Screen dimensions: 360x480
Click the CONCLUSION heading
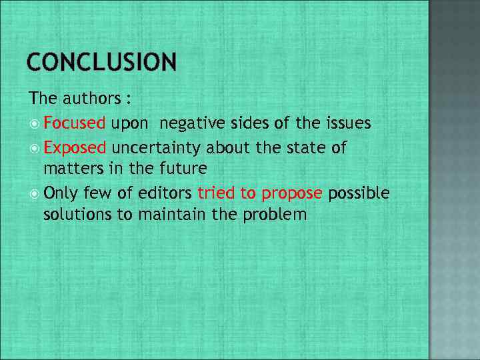pyautogui.click(x=102, y=63)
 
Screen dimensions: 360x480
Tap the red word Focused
pyautogui.click(x=75, y=123)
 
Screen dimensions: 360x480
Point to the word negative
pyautogui.click(x=189, y=123)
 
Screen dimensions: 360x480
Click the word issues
pyautogui.click(x=348, y=123)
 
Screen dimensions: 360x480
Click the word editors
pyautogui.click(x=167, y=193)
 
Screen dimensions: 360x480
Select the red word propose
pyautogui.click(x=292, y=193)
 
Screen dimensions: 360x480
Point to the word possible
pyautogui.click(x=359, y=193)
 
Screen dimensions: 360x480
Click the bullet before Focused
pyautogui.click(x=35, y=123)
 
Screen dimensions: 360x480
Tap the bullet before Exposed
pyautogui.click(x=35, y=147)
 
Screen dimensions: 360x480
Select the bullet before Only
pyautogui.click(x=35, y=193)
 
